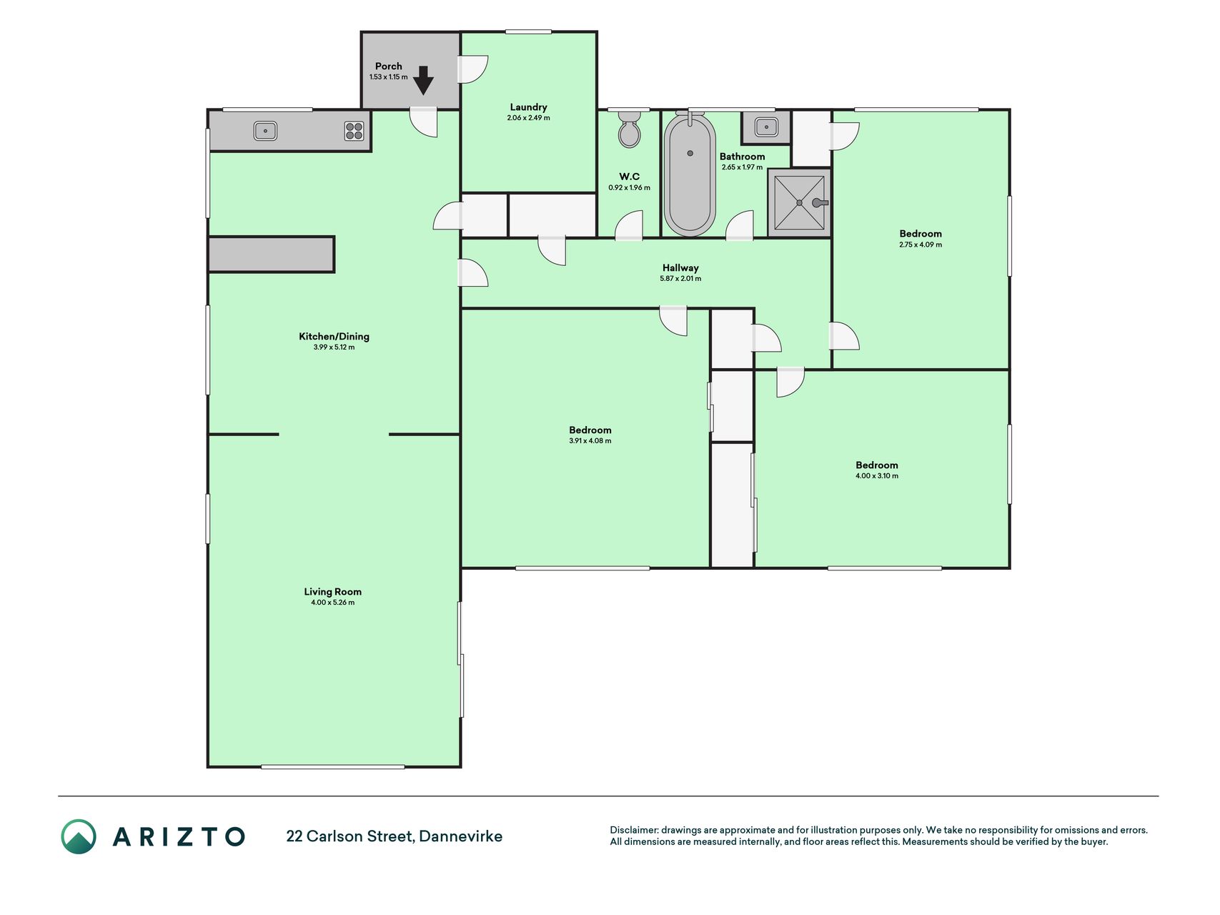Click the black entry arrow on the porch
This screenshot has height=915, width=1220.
pyautogui.click(x=423, y=80)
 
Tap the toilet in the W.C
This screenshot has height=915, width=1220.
pyautogui.click(x=629, y=129)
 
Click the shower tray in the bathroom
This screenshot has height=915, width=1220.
pyautogui.click(x=799, y=203)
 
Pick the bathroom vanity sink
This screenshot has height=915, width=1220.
pyautogui.click(x=766, y=127)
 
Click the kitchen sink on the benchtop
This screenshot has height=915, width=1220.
pyautogui.click(x=265, y=131)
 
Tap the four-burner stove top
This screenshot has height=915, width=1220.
pyautogui.click(x=354, y=131)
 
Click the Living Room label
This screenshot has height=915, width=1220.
pyautogui.click(x=332, y=591)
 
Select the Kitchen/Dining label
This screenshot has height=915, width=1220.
pyautogui.click(x=334, y=336)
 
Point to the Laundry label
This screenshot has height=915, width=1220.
pyautogui.click(x=528, y=107)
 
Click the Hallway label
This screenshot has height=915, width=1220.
pyautogui.click(x=680, y=268)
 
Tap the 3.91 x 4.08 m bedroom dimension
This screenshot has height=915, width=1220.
pyautogui.click(x=590, y=441)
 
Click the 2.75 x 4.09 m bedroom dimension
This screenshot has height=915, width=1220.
pyautogui.click(x=921, y=244)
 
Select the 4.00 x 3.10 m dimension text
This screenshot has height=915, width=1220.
pyautogui.click(x=877, y=476)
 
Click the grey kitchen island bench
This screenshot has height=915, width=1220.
pyautogui.click(x=271, y=254)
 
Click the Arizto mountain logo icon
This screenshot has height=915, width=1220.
pyautogui.click(x=79, y=836)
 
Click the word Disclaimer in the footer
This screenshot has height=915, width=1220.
pyautogui.click(x=633, y=830)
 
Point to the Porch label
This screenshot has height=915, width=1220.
pyautogui.click(x=389, y=66)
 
